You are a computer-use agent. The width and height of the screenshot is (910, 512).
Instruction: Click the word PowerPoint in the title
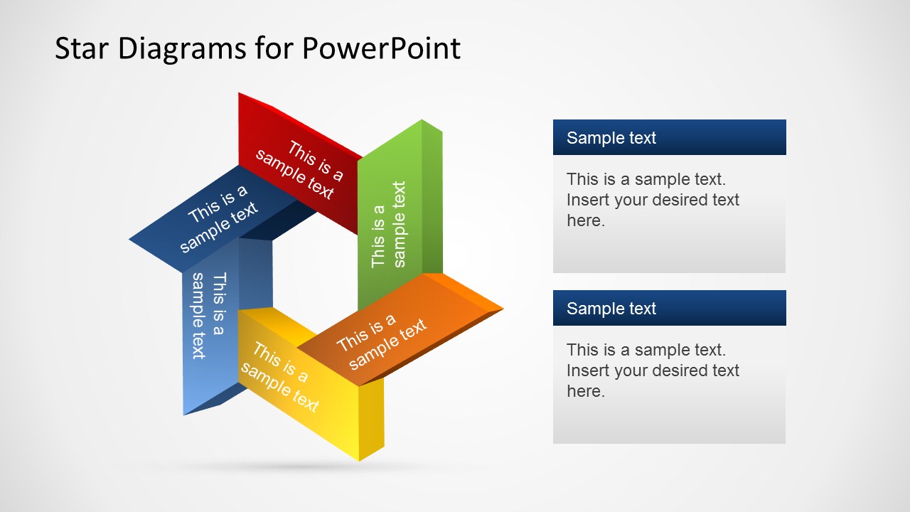tap(381, 48)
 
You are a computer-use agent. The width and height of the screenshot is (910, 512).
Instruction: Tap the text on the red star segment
tap(299, 169)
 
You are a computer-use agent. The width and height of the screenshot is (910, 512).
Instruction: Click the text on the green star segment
tap(389, 225)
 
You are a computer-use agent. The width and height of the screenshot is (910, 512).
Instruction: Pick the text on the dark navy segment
tap(218, 218)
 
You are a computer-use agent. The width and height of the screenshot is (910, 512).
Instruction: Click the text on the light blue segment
tap(208, 315)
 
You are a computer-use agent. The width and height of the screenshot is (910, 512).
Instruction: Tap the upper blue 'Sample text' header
tap(611, 138)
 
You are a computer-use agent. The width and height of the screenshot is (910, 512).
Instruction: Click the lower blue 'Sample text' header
tap(611, 309)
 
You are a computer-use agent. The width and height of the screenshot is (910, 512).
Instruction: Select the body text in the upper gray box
tap(653, 200)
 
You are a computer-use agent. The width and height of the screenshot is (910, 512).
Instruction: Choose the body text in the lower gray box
tap(653, 370)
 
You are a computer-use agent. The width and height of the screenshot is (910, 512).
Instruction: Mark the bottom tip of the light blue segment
tap(186, 412)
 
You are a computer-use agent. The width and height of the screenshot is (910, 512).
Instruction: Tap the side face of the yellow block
tap(371, 420)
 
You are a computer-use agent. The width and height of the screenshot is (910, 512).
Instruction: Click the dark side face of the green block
tap(432, 199)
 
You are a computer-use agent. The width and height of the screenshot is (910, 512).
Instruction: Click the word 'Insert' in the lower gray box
tap(588, 370)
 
